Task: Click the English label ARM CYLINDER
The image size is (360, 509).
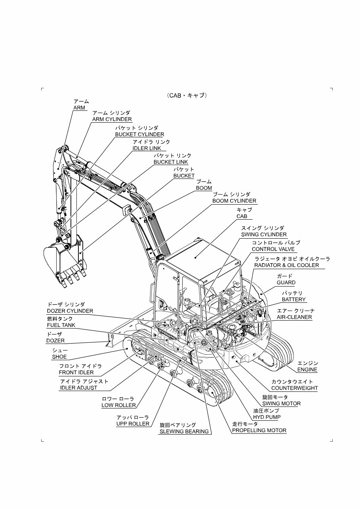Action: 112,119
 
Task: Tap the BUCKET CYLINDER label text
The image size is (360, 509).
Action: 140,134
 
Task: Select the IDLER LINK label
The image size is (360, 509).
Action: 147,148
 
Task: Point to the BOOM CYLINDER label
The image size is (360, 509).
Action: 234,201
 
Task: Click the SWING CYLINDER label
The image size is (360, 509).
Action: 264,234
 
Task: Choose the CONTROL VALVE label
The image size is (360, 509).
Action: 273,249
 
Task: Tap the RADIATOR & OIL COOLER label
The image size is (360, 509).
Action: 287,265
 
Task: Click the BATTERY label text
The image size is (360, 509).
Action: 293,300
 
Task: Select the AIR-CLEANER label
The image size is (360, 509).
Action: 294,317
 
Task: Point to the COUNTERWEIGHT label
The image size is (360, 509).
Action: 295,388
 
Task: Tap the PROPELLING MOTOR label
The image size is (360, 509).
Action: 259,430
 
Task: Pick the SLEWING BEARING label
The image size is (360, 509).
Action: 184,431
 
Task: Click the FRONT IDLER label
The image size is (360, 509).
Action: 76,372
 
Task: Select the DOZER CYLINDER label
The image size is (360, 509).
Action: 70,311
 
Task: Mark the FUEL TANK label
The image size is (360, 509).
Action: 61,325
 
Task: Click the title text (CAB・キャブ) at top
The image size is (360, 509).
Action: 187,95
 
